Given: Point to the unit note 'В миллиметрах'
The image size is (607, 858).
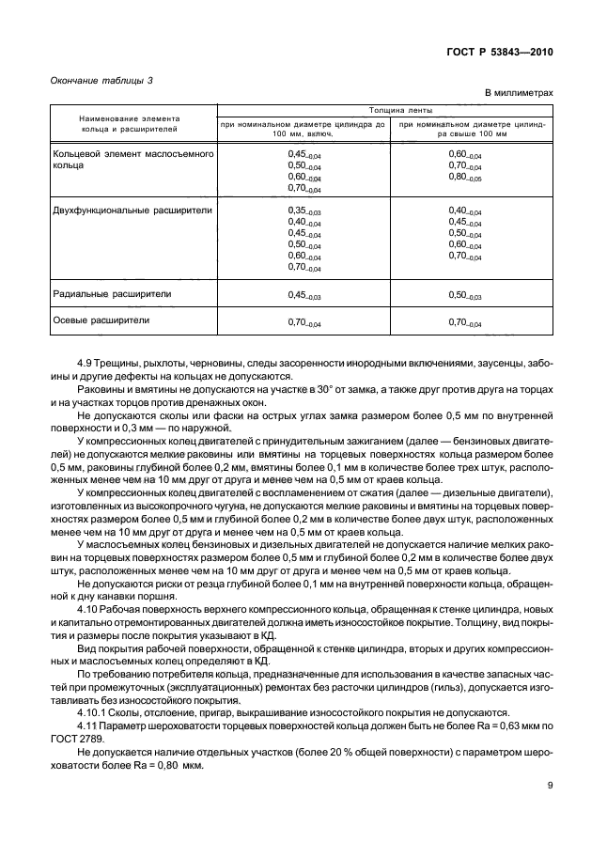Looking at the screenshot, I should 520,94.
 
